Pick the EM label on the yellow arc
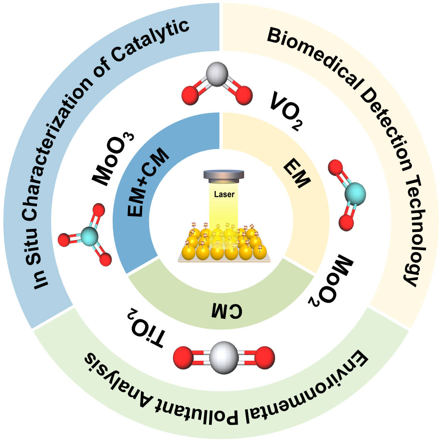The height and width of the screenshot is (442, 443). point(297,175)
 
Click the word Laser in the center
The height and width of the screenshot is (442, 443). point(224,194)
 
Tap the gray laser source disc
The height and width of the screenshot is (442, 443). point(224,175)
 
